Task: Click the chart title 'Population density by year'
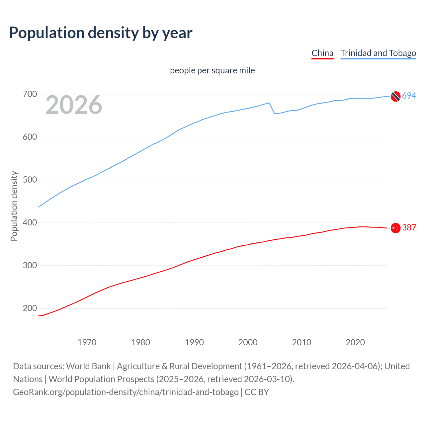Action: (101, 33)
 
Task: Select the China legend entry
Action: (322, 53)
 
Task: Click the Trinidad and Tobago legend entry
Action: (378, 53)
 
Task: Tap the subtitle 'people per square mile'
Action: (212, 70)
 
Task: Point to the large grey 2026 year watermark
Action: (74, 105)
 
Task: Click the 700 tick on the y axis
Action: (30, 94)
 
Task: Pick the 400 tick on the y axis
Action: (30, 223)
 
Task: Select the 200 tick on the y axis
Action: (30, 308)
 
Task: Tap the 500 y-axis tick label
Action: (30, 180)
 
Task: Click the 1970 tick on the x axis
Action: (87, 342)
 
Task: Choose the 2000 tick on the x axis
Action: (248, 342)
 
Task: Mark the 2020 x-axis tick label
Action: (355, 342)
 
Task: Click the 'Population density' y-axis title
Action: (14, 206)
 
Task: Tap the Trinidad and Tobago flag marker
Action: (395, 96)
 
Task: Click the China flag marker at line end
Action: (395, 228)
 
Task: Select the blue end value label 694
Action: (409, 96)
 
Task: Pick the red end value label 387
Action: (409, 227)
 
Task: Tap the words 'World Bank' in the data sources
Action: (88, 366)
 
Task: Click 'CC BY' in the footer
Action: (257, 392)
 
